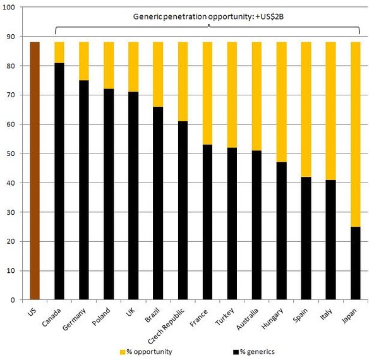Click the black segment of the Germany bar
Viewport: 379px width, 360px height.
[84, 190]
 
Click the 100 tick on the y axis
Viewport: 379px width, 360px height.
[13, 8]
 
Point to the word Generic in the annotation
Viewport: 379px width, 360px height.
[149, 16]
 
